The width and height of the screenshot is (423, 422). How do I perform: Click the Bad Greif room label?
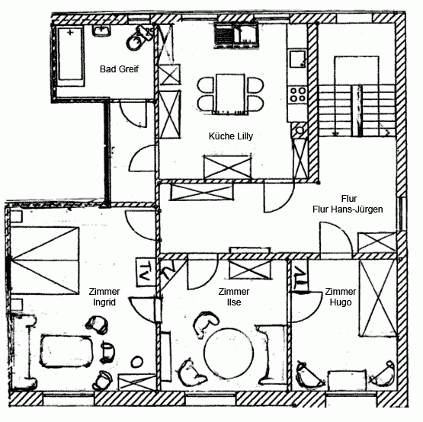(x=119, y=69)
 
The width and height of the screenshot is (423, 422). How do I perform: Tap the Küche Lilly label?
(x=231, y=136)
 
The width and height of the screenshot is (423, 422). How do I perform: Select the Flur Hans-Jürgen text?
(x=348, y=209)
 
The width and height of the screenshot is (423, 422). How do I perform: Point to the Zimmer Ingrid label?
(x=104, y=297)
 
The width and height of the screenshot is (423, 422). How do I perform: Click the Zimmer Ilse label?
(x=234, y=297)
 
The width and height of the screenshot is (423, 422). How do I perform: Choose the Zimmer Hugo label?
(x=341, y=297)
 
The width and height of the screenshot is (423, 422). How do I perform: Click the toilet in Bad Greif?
(x=139, y=39)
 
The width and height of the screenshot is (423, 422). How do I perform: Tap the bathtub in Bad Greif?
(x=70, y=56)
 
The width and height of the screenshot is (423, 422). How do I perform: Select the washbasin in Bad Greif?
(x=102, y=31)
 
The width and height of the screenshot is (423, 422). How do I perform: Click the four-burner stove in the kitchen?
(x=298, y=95)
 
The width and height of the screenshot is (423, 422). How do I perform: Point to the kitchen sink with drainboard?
(x=236, y=36)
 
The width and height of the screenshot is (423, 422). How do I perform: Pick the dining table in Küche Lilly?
(x=230, y=94)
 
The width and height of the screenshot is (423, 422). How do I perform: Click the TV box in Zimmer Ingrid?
(x=145, y=272)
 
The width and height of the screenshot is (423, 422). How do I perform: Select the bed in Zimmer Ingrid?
(x=44, y=261)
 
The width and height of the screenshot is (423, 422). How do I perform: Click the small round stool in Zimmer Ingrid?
(x=136, y=362)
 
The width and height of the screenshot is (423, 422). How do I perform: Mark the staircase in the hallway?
(x=357, y=110)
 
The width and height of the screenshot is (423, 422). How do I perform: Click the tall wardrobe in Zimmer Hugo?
(x=378, y=298)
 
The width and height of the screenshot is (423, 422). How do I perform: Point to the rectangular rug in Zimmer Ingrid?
(x=66, y=351)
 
